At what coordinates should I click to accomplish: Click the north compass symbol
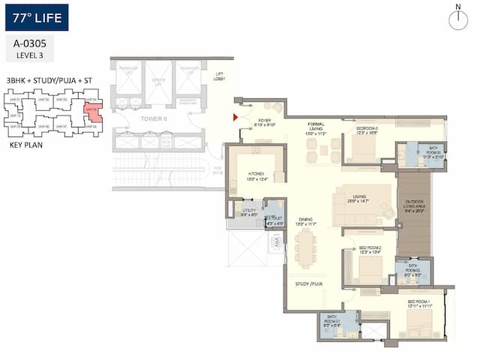click(457, 19)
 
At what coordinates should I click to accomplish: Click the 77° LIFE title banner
click(36, 17)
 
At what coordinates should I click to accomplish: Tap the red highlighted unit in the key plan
click(94, 112)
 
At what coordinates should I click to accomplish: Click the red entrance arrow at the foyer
click(235, 117)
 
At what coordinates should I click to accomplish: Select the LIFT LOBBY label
click(220, 76)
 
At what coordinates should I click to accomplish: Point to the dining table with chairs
click(305, 248)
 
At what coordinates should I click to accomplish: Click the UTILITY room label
click(249, 212)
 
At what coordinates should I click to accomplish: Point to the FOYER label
click(266, 122)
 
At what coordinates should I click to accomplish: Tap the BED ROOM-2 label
click(370, 250)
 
